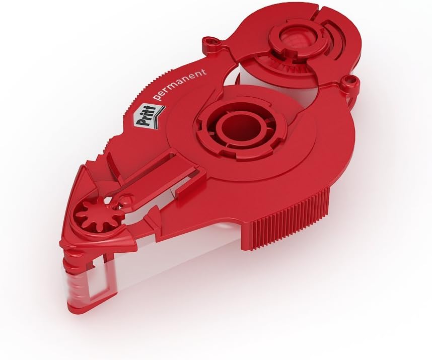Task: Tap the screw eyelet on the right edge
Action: point(349,82)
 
